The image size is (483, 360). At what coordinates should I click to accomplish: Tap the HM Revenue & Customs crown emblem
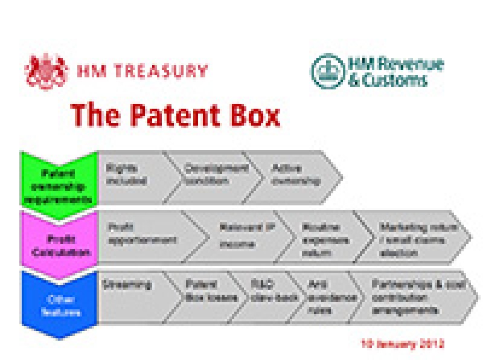click(326, 70)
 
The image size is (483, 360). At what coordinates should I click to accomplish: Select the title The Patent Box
click(175, 115)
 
